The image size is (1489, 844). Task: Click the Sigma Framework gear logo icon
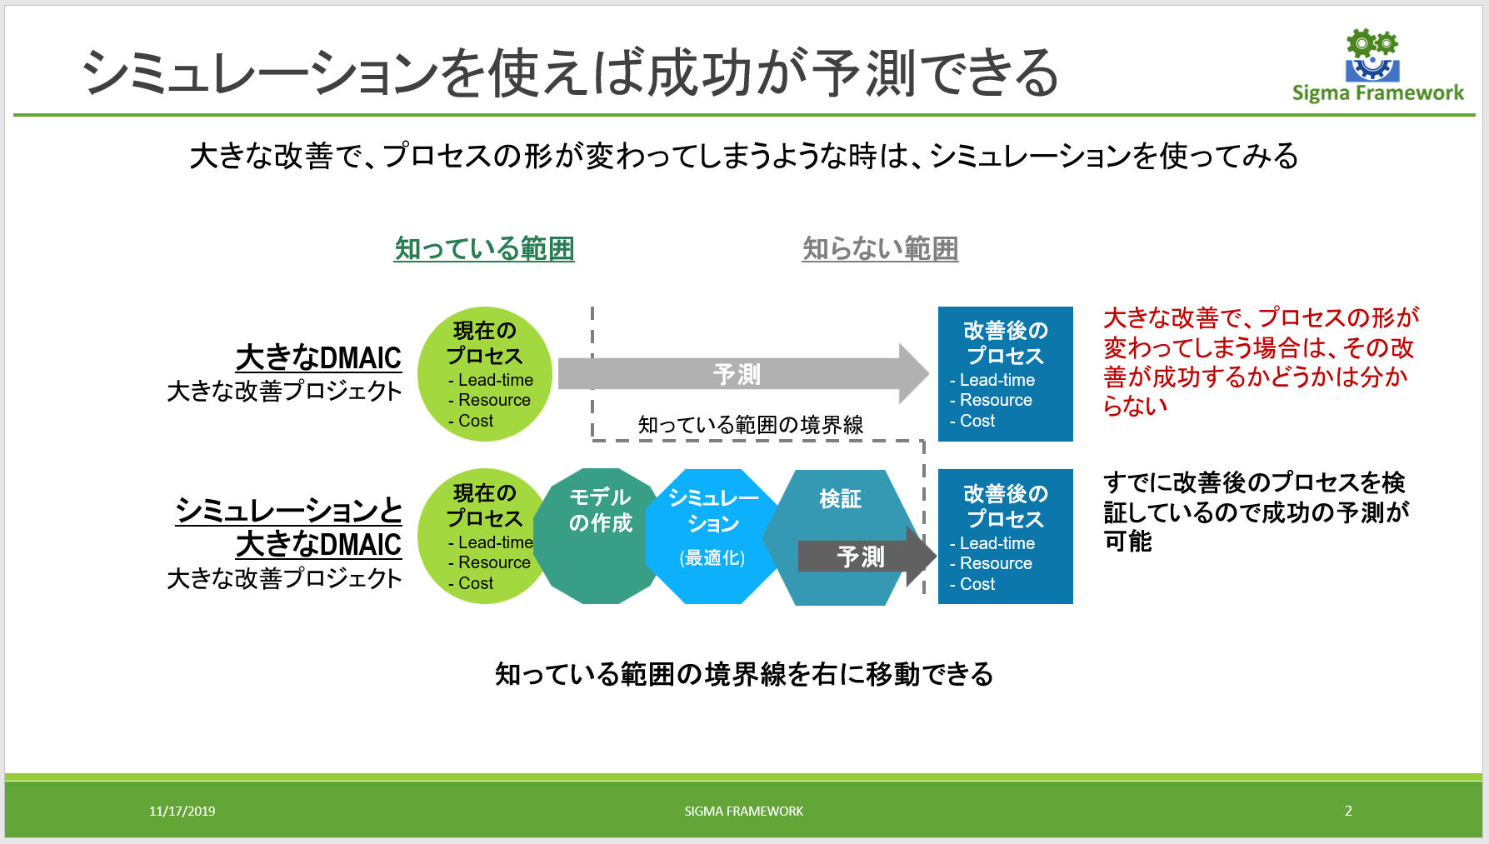pyautogui.click(x=1372, y=55)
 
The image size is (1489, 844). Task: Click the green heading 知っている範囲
pyautogui.click(x=484, y=248)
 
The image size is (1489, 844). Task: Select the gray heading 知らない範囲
pyautogui.click(x=880, y=248)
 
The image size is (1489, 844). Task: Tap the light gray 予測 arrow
pyautogui.click(x=737, y=374)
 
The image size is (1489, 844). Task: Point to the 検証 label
pyautogui.click(x=840, y=499)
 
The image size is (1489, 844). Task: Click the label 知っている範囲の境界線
pyautogui.click(x=750, y=425)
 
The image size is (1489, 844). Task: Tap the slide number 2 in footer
pyautogui.click(x=1348, y=811)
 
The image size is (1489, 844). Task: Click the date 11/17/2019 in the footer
pyautogui.click(x=182, y=811)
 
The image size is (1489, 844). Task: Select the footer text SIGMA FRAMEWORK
pyautogui.click(x=743, y=811)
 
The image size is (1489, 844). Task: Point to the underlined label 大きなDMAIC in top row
pyautogui.click(x=318, y=357)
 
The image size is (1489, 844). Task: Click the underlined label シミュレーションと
pyautogui.click(x=288, y=510)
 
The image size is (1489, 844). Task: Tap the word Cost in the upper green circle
pyautogui.click(x=476, y=422)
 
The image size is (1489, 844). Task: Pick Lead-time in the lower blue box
pyautogui.click(x=997, y=543)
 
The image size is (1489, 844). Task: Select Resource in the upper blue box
pyautogui.click(x=996, y=400)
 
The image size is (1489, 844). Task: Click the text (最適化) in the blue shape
pyautogui.click(x=712, y=557)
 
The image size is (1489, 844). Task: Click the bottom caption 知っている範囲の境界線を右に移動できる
pyautogui.click(x=744, y=673)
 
